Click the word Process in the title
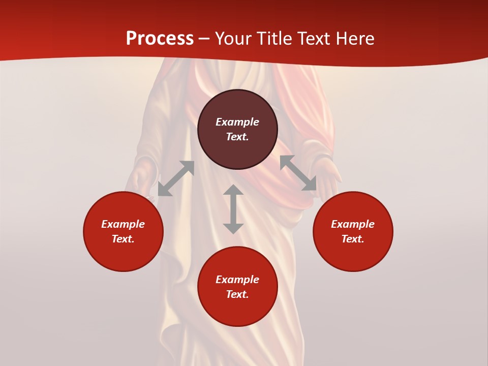160,39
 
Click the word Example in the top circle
237,122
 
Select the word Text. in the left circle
123,239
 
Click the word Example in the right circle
353,224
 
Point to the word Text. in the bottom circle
237,294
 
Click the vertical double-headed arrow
233,209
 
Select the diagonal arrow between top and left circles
176,178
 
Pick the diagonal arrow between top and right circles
298,173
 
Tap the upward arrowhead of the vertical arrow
233,190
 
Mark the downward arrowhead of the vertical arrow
233,228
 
